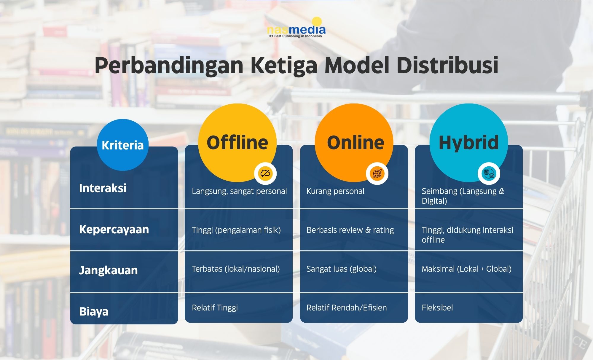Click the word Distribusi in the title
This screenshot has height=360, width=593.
click(x=447, y=65)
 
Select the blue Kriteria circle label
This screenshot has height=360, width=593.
click(x=122, y=145)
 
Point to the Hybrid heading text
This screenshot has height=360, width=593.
click(x=468, y=143)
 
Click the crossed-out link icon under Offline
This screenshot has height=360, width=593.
click(x=265, y=173)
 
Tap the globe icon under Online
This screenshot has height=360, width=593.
click(x=377, y=173)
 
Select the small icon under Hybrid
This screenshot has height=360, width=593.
click(x=489, y=173)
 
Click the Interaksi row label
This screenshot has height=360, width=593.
click(x=103, y=188)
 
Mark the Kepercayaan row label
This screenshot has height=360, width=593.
click(x=114, y=230)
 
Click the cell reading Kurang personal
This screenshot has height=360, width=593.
click(x=335, y=191)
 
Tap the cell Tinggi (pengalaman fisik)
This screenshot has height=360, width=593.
click(x=236, y=230)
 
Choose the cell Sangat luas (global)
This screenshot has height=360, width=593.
click(x=342, y=269)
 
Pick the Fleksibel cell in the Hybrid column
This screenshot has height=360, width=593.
click(x=437, y=308)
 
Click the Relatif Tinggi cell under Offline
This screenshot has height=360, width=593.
click(x=215, y=308)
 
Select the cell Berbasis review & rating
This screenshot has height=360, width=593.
click(x=350, y=230)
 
